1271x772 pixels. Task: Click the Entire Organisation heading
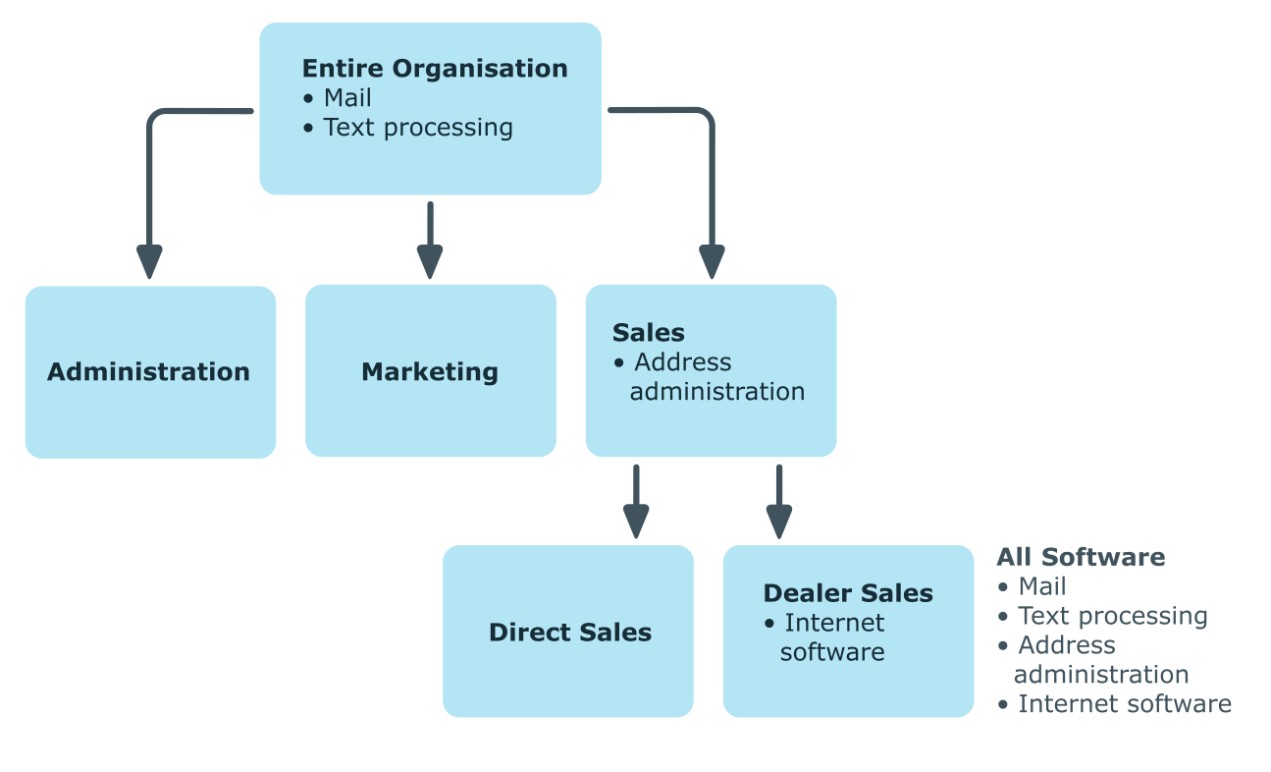[435, 69]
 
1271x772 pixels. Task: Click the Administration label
[148, 372]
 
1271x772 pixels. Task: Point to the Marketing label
[430, 372]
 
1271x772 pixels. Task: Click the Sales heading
[649, 333]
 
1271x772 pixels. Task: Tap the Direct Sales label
[570, 633]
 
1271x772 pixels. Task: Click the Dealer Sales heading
[848, 593]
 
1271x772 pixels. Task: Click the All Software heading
[1081, 557]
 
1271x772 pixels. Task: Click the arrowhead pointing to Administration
[149, 261]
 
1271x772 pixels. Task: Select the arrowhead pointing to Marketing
[430, 261]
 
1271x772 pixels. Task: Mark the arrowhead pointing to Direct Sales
[636, 522]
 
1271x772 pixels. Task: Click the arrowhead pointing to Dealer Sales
[779, 522]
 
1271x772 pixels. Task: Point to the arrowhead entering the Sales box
[712, 261]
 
